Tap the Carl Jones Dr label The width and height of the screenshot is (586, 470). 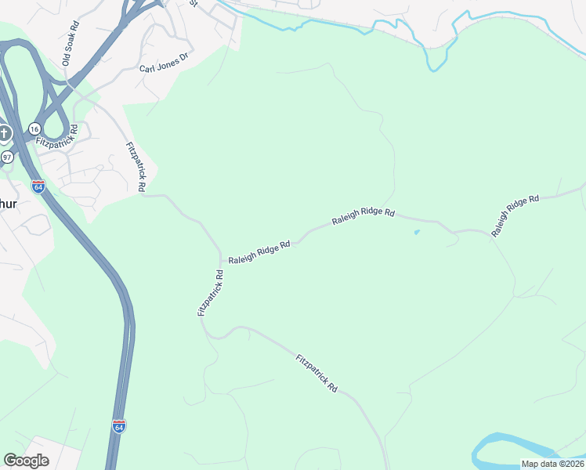point(165,63)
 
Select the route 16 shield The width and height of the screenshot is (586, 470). point(34,128)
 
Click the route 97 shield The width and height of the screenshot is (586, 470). point(7,157)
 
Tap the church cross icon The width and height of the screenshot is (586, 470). point(5,134)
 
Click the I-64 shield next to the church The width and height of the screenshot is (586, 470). point(38,186)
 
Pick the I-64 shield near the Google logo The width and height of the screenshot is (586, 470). point(119,427)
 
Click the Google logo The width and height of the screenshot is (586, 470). point(26,461)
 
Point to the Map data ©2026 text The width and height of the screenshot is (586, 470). point(552,464)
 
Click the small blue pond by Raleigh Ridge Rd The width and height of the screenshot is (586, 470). point(416,232)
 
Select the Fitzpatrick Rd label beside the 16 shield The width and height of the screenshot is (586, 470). point(57,134)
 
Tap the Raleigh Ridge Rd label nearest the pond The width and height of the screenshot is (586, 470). point(363,217)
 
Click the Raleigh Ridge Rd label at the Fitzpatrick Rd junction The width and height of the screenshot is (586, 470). point(259,252)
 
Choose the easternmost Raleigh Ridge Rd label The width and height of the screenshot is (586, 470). point(515,215)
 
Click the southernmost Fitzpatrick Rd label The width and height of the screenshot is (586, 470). point(317,374)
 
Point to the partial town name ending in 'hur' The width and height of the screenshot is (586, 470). point(8,204)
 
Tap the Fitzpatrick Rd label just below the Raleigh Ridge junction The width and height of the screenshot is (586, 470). point(211,293)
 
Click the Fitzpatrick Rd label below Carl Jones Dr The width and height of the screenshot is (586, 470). point(136,167)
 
